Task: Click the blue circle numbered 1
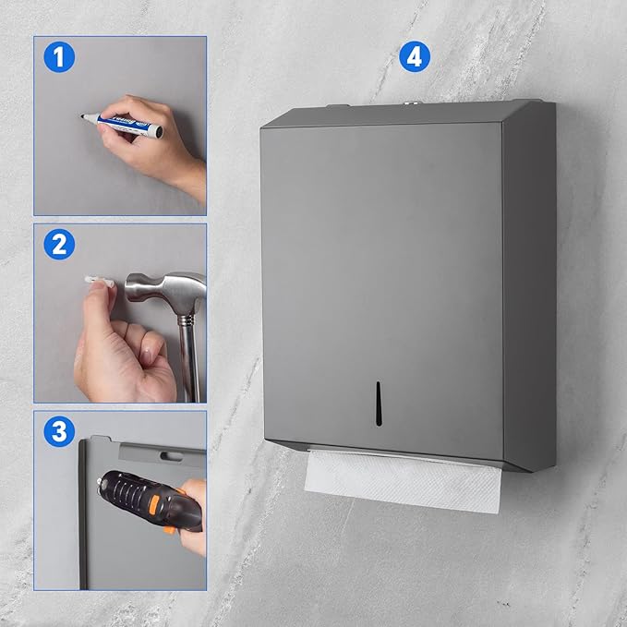click(x=59, y=58)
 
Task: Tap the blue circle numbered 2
click(x=59, y=244)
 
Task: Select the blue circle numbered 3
click(x=59, y=430)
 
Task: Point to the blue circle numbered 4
click(x=415, y=57)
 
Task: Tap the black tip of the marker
click(x=83, y=116)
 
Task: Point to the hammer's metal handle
click(x=188, y=356)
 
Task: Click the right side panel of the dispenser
click(x=530, y=286)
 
